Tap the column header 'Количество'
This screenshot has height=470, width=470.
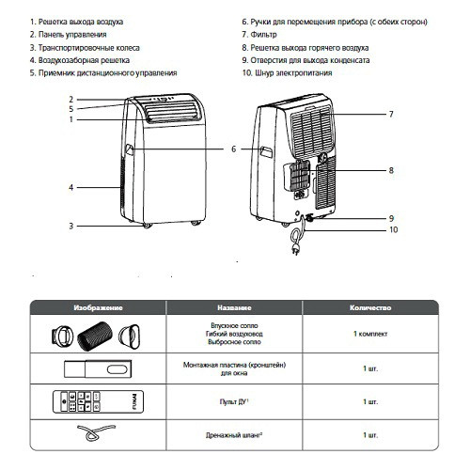[x=369, y=306]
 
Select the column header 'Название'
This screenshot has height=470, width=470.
[x=231, y=306]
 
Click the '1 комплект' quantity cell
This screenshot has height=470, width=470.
[x=369, y=335]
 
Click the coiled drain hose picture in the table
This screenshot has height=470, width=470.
[x=91, y=435]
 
